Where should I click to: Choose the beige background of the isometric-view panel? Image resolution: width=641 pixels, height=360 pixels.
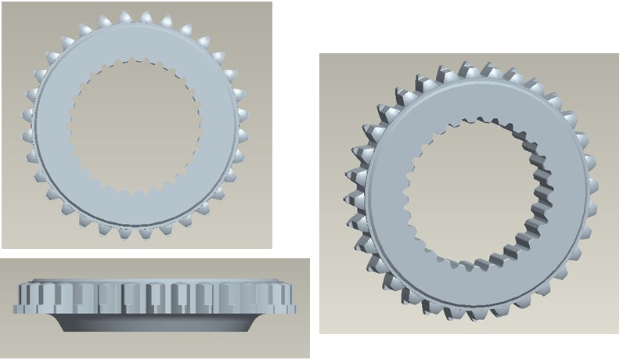click(x=337, y=70)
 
